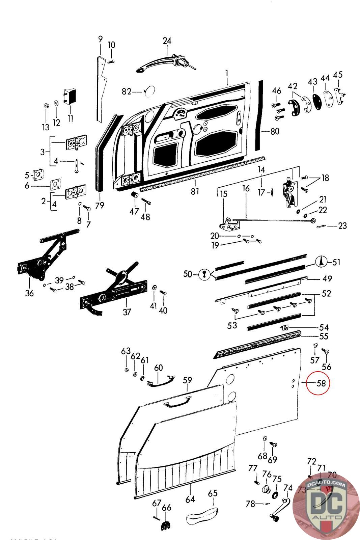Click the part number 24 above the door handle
point(167,41)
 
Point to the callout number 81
point(195,191)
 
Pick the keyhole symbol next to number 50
point(203,274)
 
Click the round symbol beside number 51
point(322,262)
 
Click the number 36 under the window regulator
point(29,293)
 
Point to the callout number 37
point(127,312)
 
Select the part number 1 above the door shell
point(227,73)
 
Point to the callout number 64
point(190,499)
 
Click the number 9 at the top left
point(100,39)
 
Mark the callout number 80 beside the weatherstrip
point(275,131)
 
